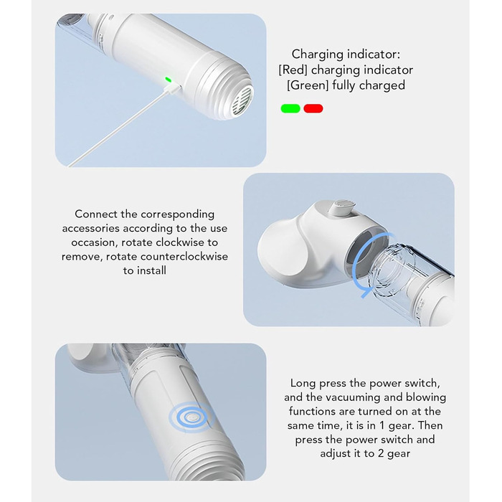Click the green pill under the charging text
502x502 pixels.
tap(290, 108)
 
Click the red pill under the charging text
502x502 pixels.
tap(313, 108)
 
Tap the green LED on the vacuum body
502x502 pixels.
tap(168, 80)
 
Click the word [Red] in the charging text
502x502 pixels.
tap(293, 70)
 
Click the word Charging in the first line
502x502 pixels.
tap(321, 55)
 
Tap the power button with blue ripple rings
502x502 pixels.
tap(191, 417)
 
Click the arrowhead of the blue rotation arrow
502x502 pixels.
tap(365, 293)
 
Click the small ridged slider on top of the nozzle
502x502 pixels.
tap(344, 207)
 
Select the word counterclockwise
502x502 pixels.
tap(184, 257)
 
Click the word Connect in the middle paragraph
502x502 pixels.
tap(96, 214)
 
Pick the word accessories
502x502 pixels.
tap(91, 228)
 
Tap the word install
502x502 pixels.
tap(151, 271)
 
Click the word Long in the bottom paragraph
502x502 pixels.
tap(303, 384)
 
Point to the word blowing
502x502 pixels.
tap(426, 397)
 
